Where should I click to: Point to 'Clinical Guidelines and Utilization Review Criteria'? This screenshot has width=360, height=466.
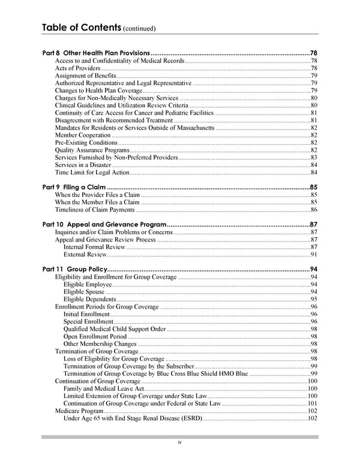pos(121,106)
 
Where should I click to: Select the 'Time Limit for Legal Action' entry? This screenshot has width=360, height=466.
pos(92,172)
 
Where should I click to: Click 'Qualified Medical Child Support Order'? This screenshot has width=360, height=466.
pos(114,329)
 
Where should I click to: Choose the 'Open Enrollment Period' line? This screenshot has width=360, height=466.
pos(95,336)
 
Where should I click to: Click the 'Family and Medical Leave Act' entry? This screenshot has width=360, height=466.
pos(103,389)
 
